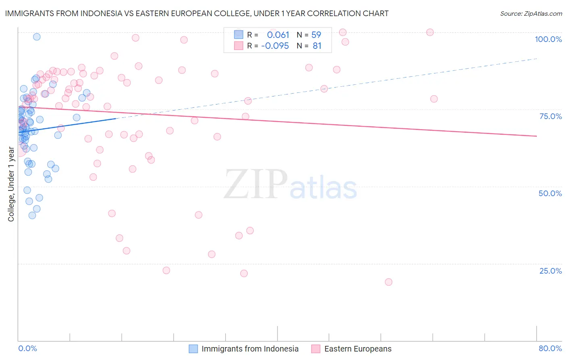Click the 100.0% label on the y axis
coord(548,39)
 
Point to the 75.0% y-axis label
coord(550,116)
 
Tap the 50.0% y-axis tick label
coord(550,193)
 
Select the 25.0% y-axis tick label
coord(550,271)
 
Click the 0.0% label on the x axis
coord(27,349)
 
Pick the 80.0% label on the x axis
coord(550,349)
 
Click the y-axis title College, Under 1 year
coord(11,184)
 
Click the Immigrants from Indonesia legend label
coord(250,349)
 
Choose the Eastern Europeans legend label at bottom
coord(358,349)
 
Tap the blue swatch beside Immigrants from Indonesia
coord(194,349)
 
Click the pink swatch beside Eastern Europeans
coord(316,349)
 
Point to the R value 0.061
coord(278,35)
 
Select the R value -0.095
coord(275,46)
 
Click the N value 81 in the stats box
coord(317,46)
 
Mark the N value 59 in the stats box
coord(317,35)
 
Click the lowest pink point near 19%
coord(388,282)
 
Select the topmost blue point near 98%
coord(37,37)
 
